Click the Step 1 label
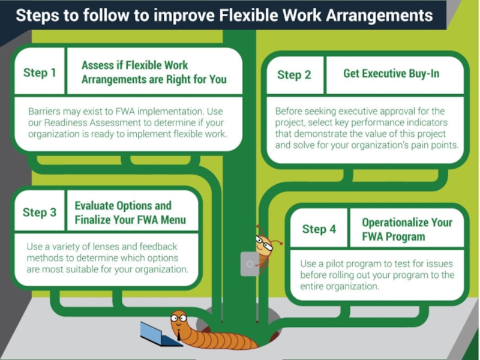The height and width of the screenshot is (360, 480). coord(40,73)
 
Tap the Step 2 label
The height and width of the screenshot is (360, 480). coord(294,75)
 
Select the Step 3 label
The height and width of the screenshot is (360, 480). coord(40,212)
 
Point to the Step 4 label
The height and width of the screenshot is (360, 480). coord(319,229)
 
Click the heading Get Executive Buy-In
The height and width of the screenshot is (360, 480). coord(391,73)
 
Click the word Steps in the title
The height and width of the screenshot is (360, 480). coord(35,14)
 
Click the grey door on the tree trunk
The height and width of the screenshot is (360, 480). coord(249,263)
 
